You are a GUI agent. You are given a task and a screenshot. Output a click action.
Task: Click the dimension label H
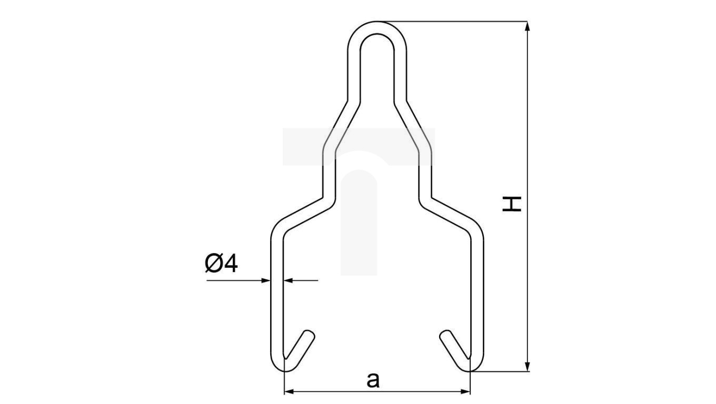tap(512, 204)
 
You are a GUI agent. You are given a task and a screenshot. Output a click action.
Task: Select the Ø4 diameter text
tap(221, 263)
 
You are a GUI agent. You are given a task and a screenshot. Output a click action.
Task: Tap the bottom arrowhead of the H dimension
tap(528, 367)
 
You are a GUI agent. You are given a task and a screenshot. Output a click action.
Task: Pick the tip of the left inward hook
tap(310, 334)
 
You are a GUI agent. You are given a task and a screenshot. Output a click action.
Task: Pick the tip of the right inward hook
tap(444, 335)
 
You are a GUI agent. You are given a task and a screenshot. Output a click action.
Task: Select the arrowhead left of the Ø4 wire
tap(266, 280)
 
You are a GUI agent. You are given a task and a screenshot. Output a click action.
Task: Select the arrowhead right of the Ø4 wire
tap(288, 280)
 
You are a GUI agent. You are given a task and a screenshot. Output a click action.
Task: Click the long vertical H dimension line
tap(528, 132)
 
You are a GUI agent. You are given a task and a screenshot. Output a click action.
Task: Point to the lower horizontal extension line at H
tap(500, 371)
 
